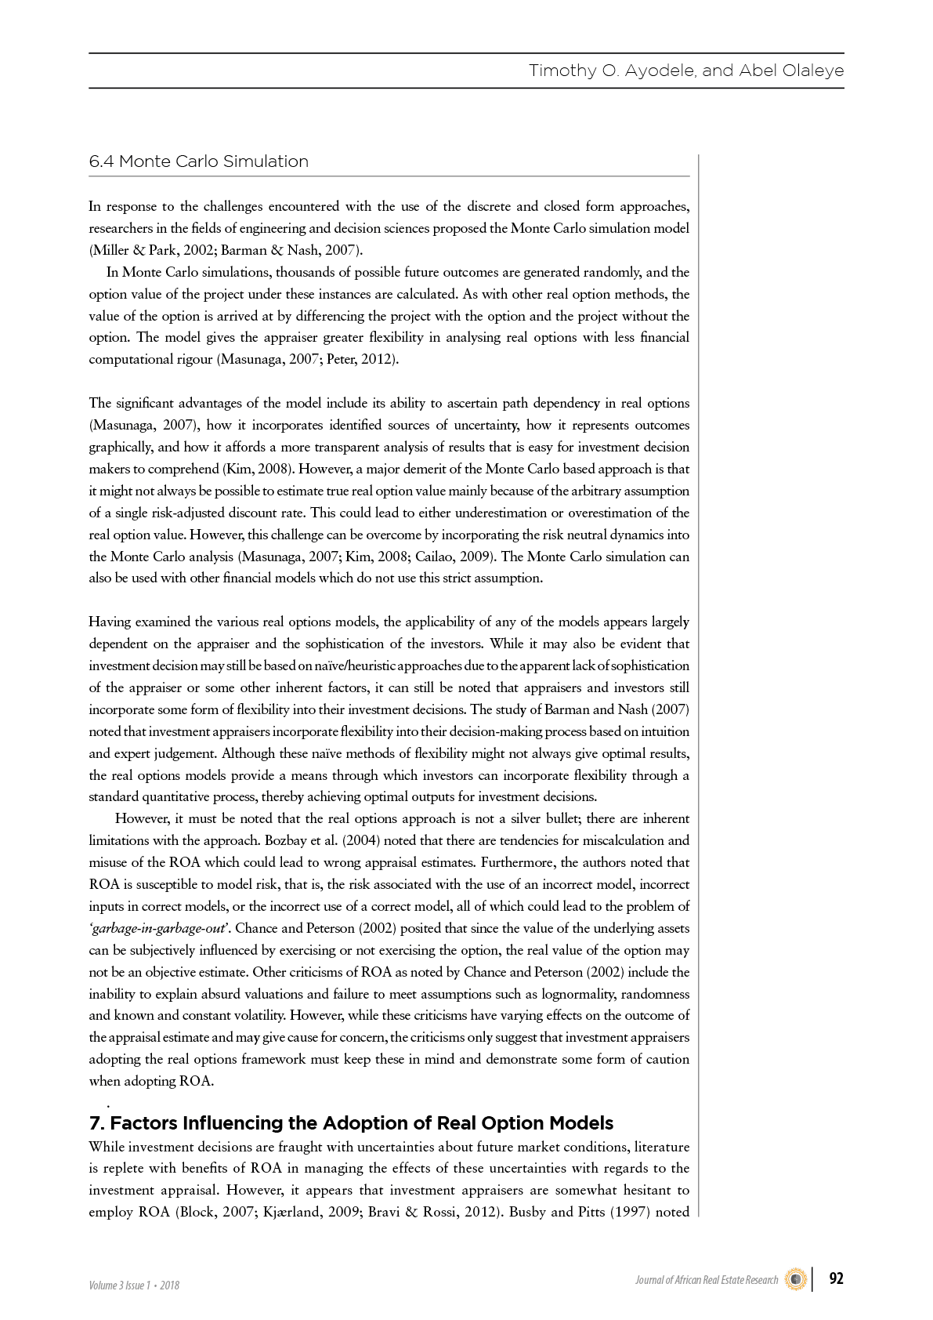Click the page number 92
[x=836, y=1278]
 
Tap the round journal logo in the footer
[x=796, y=1279]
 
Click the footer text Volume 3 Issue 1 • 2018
[x=134, y=1285]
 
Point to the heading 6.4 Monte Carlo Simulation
[x=199, y=161]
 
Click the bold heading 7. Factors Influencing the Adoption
[x=351, y=1122]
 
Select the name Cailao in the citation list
[x=436, y=557]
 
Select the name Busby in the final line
[x=527, y=1212]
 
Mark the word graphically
[x=121, y=447]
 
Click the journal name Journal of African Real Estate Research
[x=707, y=1280]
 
